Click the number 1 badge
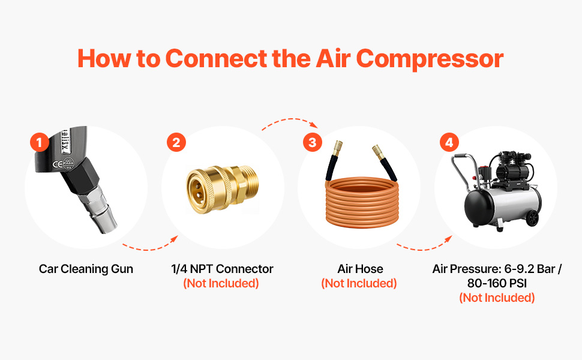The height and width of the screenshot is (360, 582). (x=40, y=142)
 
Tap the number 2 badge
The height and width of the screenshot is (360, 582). (x=176, y=142)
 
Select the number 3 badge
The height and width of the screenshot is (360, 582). (x=313, y=142)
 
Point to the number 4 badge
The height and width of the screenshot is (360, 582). (x=449, y=142)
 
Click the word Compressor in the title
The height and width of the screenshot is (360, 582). (x=430, y=59)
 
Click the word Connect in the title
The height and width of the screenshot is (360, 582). (x=216, y=58)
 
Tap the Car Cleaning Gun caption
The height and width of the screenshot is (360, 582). (x=86, y=269)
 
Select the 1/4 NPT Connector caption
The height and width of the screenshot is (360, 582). (x=223, y=269)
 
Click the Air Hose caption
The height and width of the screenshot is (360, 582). (x=360, y=269)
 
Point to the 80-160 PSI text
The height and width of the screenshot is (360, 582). (x=497, y=283)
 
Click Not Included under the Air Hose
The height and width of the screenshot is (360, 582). (x=359, y=284)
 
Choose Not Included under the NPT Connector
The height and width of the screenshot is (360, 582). (x=221, y=284)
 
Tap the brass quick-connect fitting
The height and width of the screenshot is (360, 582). (x=223, y=189)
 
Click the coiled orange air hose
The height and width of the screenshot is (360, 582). (x=362, y=202)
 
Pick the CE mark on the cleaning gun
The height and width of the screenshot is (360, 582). (x=58, y=164)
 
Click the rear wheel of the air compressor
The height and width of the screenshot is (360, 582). (x=532, y=218)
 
